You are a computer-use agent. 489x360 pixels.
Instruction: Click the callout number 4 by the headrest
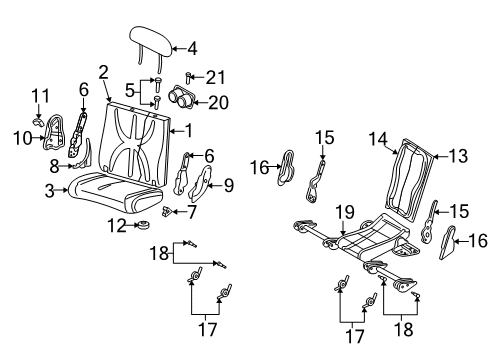[x=193, y=46]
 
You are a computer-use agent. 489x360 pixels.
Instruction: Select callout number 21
[x=214, y=76]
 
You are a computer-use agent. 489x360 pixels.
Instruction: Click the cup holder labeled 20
[x=183, y=97]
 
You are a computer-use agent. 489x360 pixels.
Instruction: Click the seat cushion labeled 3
[x=110, y=185]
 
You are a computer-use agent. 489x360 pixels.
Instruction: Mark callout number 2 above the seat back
[x=104, y=72]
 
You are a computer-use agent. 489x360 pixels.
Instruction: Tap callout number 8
[x=55, y=165]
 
